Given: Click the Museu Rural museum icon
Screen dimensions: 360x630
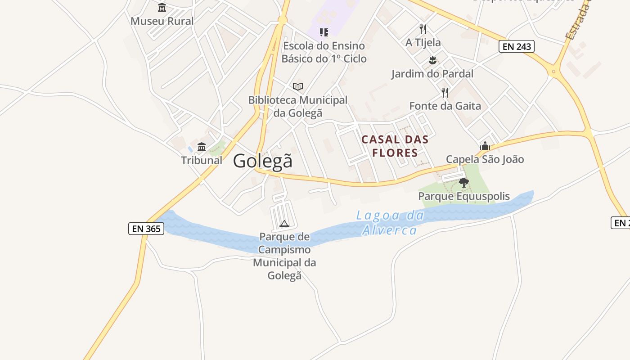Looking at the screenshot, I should click(162, 8).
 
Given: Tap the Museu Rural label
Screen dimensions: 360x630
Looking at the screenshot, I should click(162, 21).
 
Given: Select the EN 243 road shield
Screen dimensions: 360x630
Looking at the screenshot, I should click(516, 46).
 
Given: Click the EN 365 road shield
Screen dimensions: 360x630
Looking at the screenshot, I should click(146, 228).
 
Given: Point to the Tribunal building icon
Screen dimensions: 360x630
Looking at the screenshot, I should click(202, 147).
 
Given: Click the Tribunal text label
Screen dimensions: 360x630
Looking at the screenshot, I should click(202, 160).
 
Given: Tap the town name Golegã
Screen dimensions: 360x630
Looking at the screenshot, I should click(263, 161).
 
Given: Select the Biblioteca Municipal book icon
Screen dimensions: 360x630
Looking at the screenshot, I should click(298, 86).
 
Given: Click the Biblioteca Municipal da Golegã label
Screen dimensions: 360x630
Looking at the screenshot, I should click(298, 106).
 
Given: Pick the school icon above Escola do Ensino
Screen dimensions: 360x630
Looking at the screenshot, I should click(324, 32).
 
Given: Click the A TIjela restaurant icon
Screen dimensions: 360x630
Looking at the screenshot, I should click(423, 29).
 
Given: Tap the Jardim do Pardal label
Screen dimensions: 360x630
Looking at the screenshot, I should click(432, 74).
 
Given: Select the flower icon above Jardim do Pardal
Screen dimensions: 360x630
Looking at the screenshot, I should click(432, 60).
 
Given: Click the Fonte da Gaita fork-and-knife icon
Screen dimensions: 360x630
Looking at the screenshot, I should click(445, 93).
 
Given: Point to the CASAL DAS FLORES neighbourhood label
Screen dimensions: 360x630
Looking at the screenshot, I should click(395, 146).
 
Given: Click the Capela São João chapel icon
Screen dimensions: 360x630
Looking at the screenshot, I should click(485, 146).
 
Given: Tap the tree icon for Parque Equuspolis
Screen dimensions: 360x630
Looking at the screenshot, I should click(464, 183).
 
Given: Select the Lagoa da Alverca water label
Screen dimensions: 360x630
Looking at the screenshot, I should click(390, 223).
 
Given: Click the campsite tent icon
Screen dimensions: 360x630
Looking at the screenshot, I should click(284, 224).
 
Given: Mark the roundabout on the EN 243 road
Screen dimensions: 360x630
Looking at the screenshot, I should click(554, 72).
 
